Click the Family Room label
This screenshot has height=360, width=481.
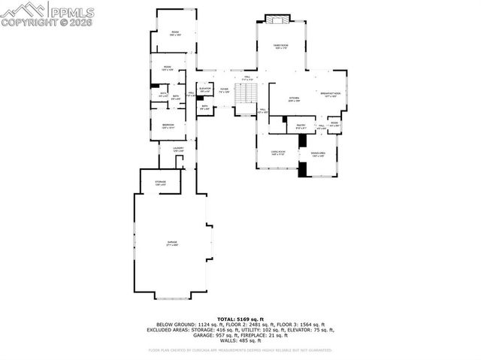[x=281, y=47]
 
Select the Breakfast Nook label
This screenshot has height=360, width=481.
[x=331, y=95]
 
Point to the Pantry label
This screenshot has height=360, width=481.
[x=300, y=127]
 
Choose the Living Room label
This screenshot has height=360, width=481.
[x=278, y=153]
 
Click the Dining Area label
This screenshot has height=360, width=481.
[x=317, y=155]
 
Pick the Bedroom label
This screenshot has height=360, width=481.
[x=168, y=126]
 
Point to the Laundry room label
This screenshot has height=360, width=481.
[x=178, y=150]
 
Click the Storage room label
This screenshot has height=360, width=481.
[x=161, y=183]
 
